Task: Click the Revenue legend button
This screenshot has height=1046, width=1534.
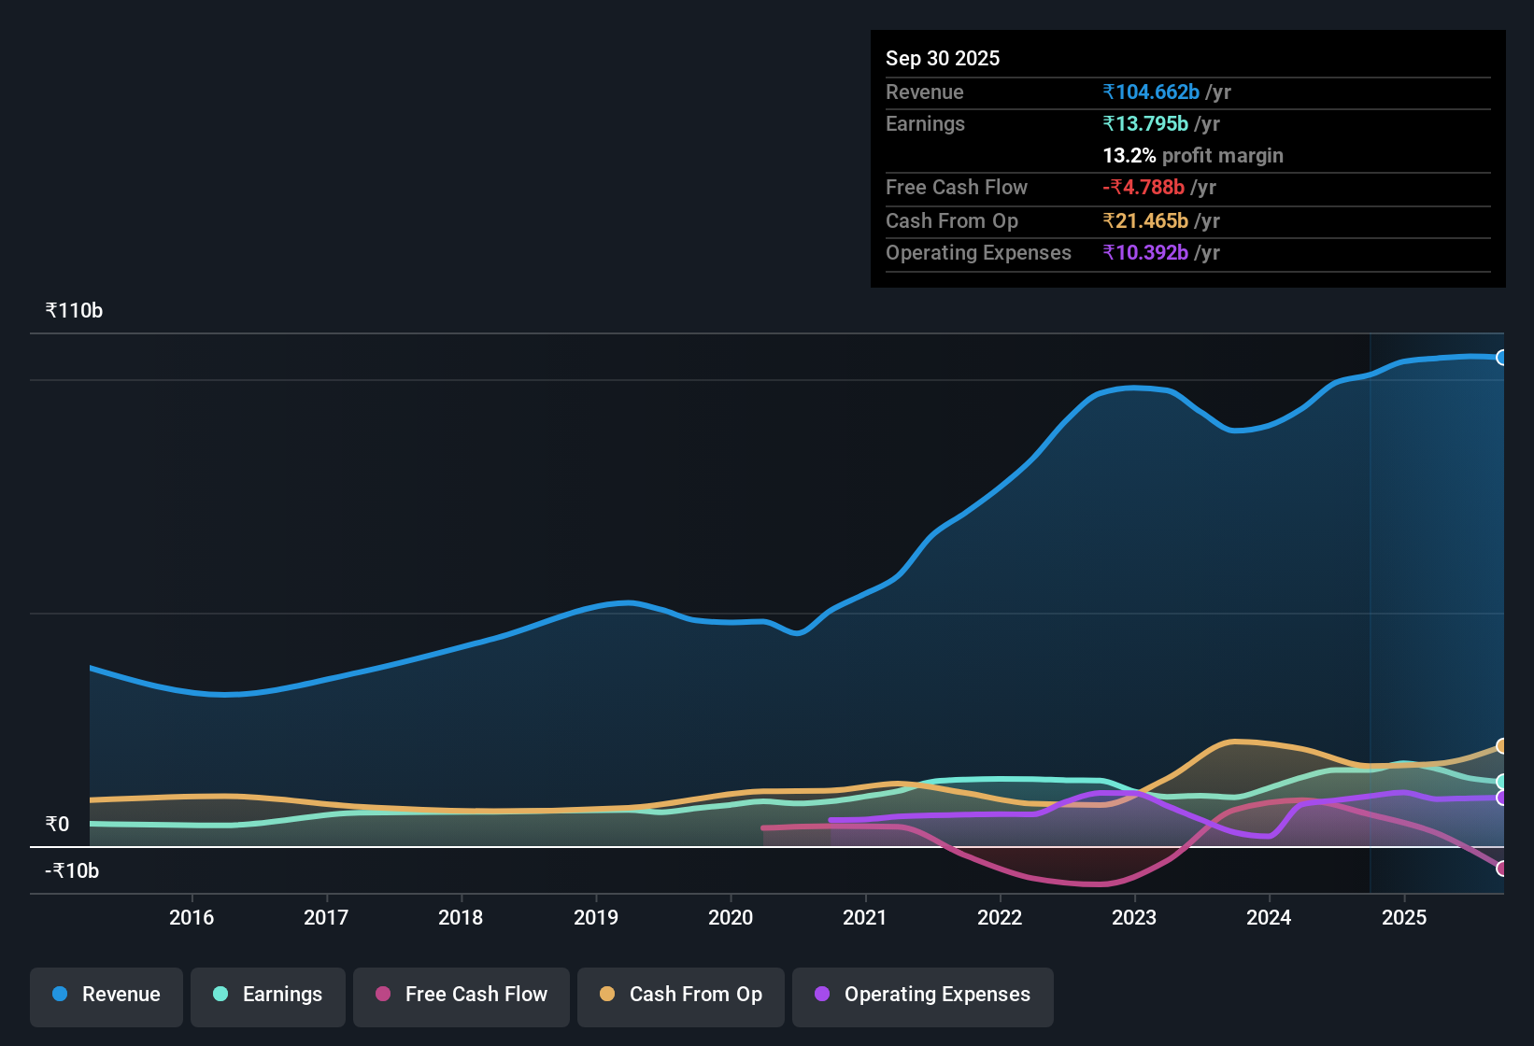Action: (x=107, y=995)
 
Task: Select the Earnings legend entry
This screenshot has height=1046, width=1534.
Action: (x=268, y=995)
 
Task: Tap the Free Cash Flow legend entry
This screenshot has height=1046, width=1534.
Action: (x=462, y=995)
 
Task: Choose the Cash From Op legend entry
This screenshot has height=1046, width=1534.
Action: (x=681, y=995)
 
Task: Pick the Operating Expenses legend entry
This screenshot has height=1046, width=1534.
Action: (x=923, y=995)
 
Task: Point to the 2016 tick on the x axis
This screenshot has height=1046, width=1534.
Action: (x=192, y=917)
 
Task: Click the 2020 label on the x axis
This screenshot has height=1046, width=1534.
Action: (x=731, y=917)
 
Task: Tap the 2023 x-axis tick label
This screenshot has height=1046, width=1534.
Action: (x=1134, y=917)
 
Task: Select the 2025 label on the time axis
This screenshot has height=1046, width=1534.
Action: (x=1403, y=917)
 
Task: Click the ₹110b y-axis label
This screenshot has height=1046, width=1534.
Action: (x=74, y=311)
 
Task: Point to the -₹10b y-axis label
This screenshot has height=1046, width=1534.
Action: (x=72, y=871)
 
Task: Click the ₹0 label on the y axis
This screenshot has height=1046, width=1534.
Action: (x=57, y=825)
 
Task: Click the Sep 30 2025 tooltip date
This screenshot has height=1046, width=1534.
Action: (x=943, y=58)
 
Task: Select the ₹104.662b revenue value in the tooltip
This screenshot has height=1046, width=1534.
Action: (x=1151, y=92)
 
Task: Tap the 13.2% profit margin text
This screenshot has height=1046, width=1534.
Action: (x=1193, y=156)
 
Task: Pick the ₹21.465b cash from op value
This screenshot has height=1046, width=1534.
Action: (x=1145, y=220)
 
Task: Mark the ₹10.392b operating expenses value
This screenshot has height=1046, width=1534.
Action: (x=1145, y=253)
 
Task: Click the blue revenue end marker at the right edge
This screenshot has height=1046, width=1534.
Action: (x=1501, y=358)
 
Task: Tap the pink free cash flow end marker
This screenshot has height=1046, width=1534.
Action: (x=1501, y=869)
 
